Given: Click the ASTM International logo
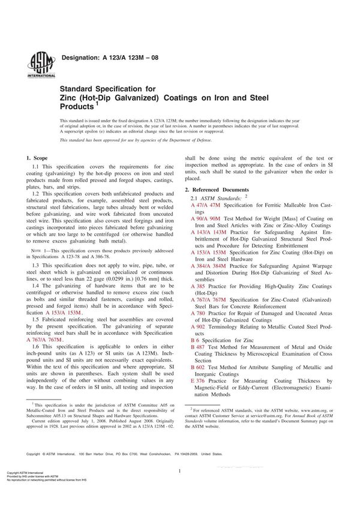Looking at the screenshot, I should (x=37, y=64).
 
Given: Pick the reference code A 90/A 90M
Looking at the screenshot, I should (x=205, y=218).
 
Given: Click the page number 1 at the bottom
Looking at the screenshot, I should (x=179, y=472).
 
